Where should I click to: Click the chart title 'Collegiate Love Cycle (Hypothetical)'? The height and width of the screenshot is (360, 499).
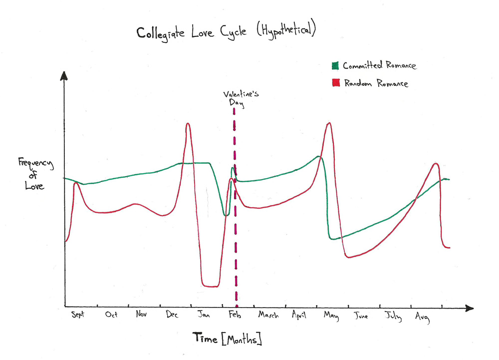[226, 33]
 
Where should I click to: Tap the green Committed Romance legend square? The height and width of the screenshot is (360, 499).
[335, 65]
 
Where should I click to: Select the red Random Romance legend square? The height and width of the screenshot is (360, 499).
[335, 83]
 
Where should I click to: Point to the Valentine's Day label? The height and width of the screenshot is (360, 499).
[237, 97]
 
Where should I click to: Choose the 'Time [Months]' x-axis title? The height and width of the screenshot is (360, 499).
[228, 339]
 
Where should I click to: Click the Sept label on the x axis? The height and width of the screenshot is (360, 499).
[79, 315]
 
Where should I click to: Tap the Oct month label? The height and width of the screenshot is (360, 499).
[111, 315]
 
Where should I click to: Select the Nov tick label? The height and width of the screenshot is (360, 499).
[141, 315]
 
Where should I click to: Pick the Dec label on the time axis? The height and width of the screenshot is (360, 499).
[172, 315]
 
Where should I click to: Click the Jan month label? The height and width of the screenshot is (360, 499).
[204, 315]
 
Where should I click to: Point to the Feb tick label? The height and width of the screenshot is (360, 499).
[235, 315]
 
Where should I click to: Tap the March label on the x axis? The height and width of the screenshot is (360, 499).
[268, 316]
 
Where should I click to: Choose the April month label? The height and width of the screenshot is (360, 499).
[299, 316]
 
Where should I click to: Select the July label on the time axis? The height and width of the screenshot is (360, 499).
[393, 316]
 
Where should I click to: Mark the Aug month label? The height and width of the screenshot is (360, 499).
[422, 316]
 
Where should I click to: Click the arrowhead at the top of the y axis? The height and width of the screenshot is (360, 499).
[63, 76]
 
